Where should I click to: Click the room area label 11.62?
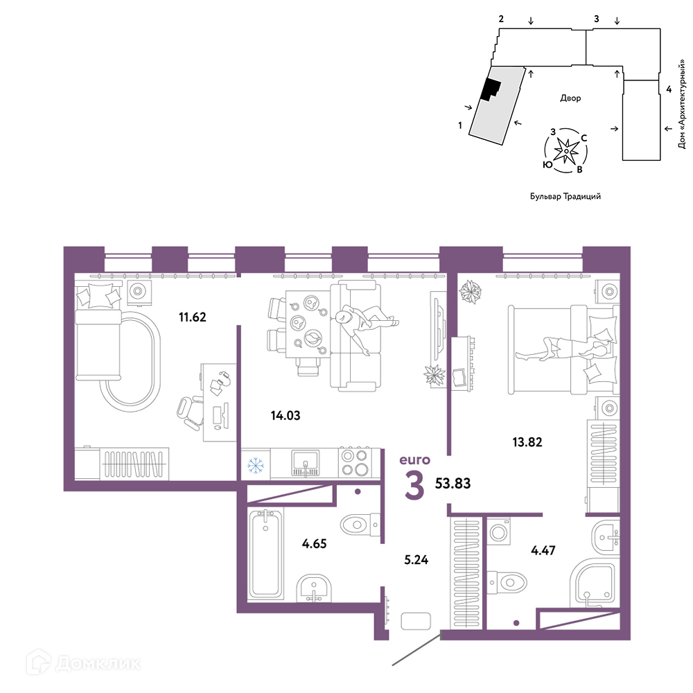[x=192, y=317]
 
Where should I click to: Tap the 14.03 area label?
[x=286, y=415]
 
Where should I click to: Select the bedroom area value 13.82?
[x=527, y=442]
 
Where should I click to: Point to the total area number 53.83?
[x=453, y=484]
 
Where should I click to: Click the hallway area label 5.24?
[x=416, y=560]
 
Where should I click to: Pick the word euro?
[x=414, y=460]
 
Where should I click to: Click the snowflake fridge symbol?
[x=256, y=466]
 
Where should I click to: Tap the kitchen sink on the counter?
[x=305, y=463]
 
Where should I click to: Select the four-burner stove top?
[x=354, y=462]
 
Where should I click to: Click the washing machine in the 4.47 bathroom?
[x=499, y=532]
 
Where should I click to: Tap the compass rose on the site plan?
[x=566, y=150]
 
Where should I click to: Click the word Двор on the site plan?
[x=570, y=98]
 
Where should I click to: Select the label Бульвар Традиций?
[x=565, y=196]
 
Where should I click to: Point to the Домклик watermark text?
[x=98, y=663]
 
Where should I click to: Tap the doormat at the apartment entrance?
[x=415, y=621]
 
